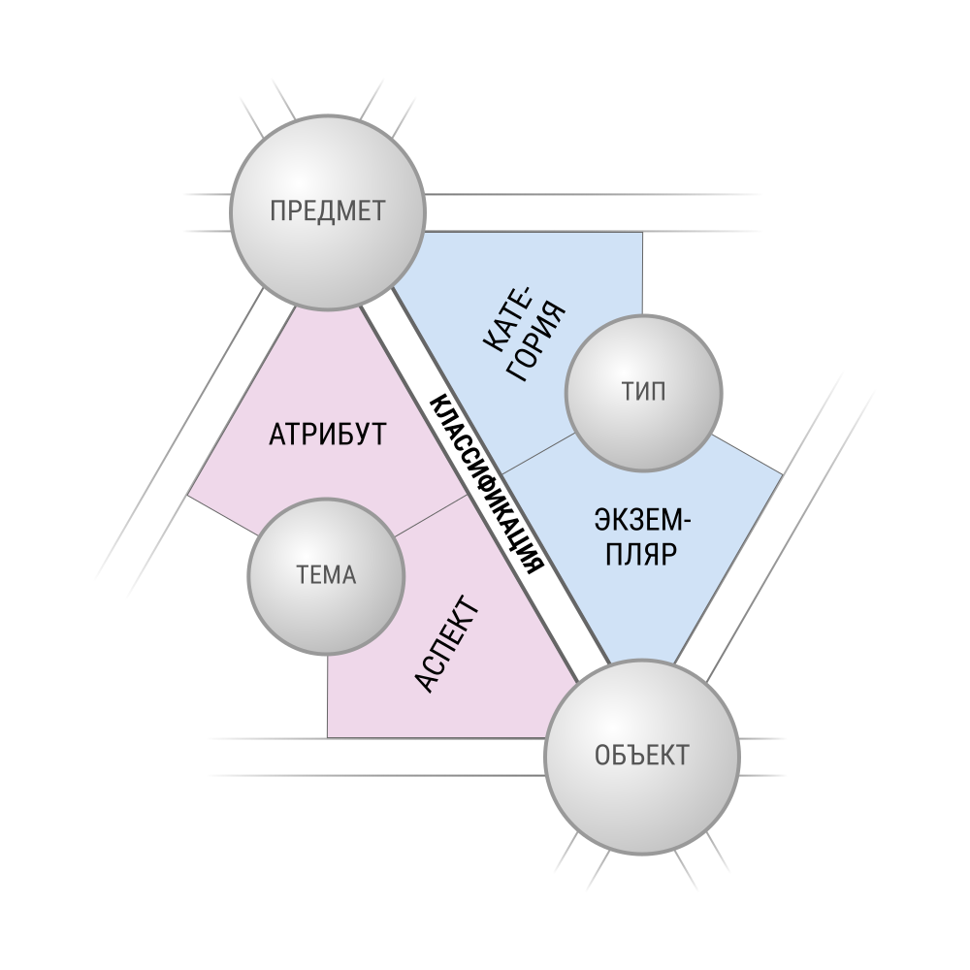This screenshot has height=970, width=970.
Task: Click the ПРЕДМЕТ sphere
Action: point(328,211)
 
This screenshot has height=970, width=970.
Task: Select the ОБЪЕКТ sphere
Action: point(642,757)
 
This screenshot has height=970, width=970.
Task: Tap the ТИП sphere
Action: point(643,392)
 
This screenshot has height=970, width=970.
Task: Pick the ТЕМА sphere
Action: point(326,576)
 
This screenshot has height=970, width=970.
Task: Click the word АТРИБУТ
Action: point(327,435)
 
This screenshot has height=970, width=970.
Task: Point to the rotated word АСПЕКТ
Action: point(446,644)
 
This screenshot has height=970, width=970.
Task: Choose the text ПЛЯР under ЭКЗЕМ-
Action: point(641,554)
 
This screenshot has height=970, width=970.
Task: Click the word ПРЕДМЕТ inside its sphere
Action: point(327,211)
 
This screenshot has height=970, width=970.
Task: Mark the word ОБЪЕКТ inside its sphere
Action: point(642,756)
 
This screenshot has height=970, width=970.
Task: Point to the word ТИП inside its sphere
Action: point(643,392)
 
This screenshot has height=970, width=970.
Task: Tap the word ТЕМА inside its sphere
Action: point(327,575)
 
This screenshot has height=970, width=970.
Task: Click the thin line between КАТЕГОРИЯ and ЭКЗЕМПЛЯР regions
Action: point(538,453)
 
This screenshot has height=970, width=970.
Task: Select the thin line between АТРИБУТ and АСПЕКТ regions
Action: point(432,515)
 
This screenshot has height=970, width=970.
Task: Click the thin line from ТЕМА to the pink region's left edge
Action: point(223,515)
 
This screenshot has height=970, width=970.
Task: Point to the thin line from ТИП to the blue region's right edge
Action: point(747,454)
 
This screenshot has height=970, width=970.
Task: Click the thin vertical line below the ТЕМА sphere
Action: point(327,696)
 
